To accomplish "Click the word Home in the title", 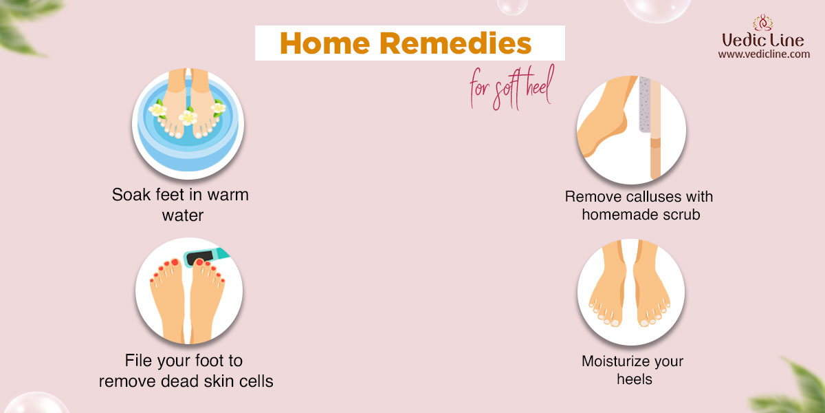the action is tap(324, 43).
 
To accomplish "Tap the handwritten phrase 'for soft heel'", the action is tap(512, 89).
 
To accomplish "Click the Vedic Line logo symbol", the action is tap(762, 23).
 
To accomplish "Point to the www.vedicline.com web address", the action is tap(764, 54).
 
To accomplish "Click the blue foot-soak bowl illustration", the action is tap(188, 125).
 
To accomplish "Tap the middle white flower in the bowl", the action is tap(188, 117).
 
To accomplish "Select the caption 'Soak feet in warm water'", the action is tap(180, 204).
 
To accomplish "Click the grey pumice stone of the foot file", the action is tap(644, 105).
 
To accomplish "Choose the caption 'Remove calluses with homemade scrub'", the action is tap(639, 205).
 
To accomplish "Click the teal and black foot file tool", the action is tap(206, 256).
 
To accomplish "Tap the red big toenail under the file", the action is tap(199, 262).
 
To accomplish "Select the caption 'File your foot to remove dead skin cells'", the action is tap(186, 370).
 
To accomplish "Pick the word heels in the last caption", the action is tap(634, 379).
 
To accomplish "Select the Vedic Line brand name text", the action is tap(762, 40).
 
